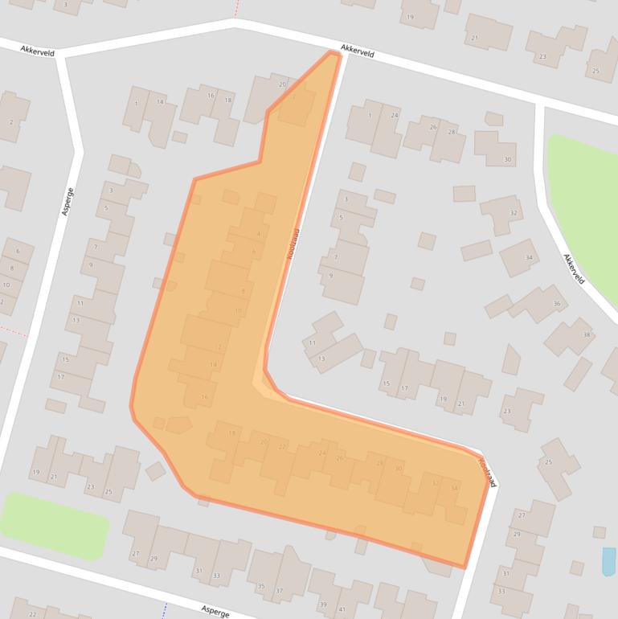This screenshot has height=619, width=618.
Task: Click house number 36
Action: tap(556, 304)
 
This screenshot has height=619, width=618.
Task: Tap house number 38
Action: tap(587, 334)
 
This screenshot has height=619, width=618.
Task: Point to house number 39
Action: tap(322, 605)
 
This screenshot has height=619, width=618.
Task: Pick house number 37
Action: tap(280, 591)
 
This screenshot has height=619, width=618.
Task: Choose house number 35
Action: tap(260, 586)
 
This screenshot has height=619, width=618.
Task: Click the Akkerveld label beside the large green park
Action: tap(574, 269)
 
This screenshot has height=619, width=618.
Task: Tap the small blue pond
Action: tap(608, 561)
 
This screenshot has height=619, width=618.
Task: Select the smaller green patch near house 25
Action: tap(53, 525)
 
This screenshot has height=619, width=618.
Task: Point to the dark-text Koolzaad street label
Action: tap(487, 472)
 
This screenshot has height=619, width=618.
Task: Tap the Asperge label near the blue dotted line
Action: tap(216, 610)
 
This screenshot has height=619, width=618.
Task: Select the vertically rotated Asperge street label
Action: tap(68, 201)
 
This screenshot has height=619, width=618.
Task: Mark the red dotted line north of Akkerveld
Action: tap(237, 8)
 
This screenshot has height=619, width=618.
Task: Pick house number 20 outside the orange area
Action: tap(282, 84)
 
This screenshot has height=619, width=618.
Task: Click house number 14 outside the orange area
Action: tap(160, 102)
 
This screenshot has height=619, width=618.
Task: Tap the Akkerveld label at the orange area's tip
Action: tap(358, 51)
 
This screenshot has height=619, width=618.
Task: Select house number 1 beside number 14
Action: tap(136, 103)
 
